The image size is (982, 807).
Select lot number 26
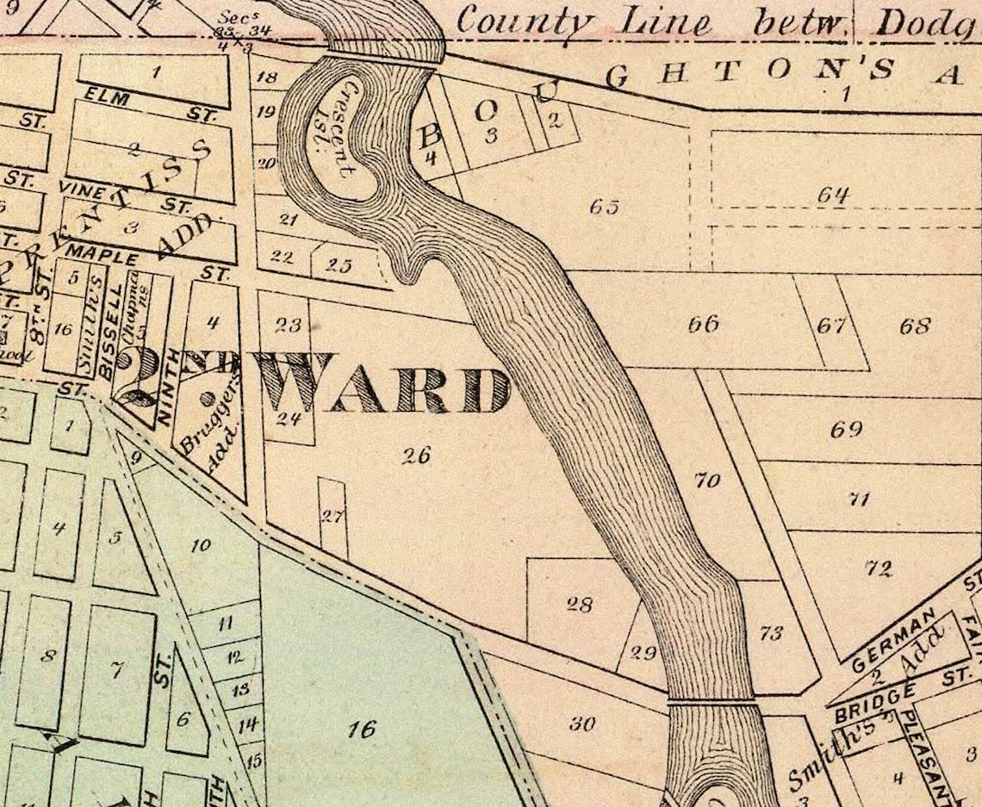coord(416,456)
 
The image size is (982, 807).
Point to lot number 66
coord(703,325)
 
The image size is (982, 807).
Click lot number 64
coord(833,196)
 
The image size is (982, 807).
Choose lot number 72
coord(879,568)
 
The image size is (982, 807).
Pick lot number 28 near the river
coord(579,605)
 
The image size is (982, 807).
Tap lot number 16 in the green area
coord(362,729)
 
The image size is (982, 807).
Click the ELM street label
coord(108,99)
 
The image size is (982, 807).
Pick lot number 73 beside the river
coord(771,634)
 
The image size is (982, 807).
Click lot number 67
coord(832,326)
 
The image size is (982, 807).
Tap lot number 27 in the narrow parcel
coord(333,517)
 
